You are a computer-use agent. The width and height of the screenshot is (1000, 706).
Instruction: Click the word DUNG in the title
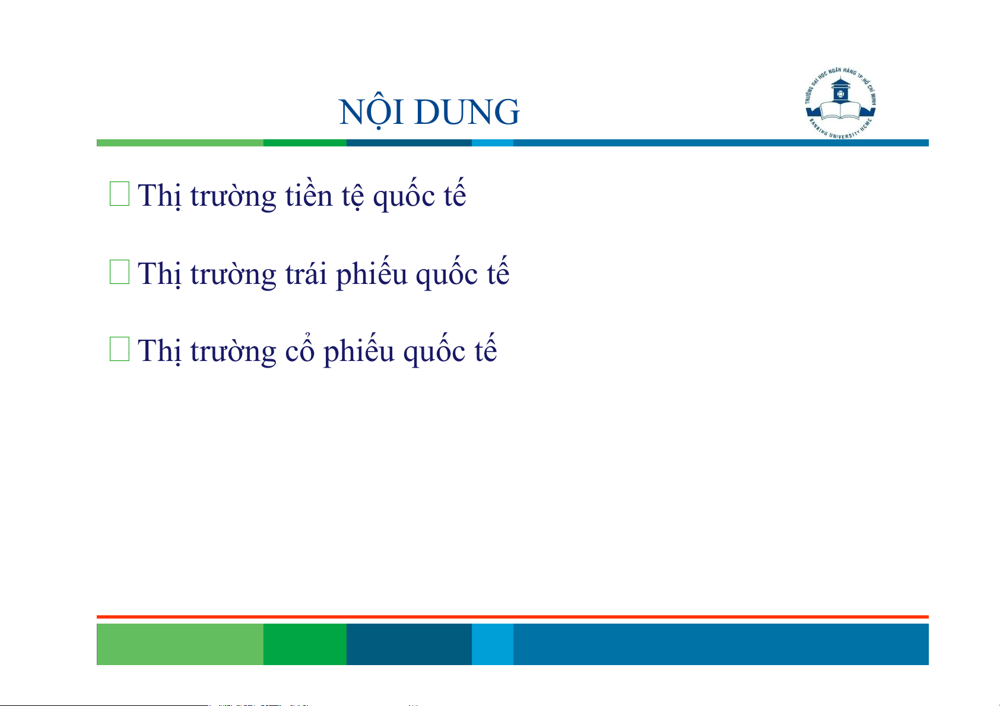click(x=467, y=112)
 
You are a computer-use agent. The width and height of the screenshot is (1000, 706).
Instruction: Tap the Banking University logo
click(x=840, y=103)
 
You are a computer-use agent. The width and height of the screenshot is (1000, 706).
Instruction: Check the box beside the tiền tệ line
click(x=120, y=194)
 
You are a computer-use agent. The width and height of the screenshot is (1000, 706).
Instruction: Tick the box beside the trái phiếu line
click(x=120, y=271)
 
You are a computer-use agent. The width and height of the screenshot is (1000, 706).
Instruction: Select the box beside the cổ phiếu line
click(x=120, y=349)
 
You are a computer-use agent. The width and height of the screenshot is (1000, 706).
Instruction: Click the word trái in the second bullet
click(x=306, y=273)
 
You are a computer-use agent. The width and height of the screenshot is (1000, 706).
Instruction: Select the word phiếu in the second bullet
click(x=372, y=273)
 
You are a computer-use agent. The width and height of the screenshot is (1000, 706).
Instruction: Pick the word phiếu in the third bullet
click(x=359, y=351)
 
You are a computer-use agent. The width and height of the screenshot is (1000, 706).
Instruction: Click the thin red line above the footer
click(x=513, y=617)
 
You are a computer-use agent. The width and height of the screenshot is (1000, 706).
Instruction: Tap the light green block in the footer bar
click(x=180, y=644)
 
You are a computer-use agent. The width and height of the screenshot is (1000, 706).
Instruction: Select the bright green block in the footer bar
click(x=305, y=644)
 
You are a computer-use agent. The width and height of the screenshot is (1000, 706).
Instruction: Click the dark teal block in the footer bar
click(x=409, y=644)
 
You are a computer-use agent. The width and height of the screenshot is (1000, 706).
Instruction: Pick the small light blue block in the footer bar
click(x=493, y=644)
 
